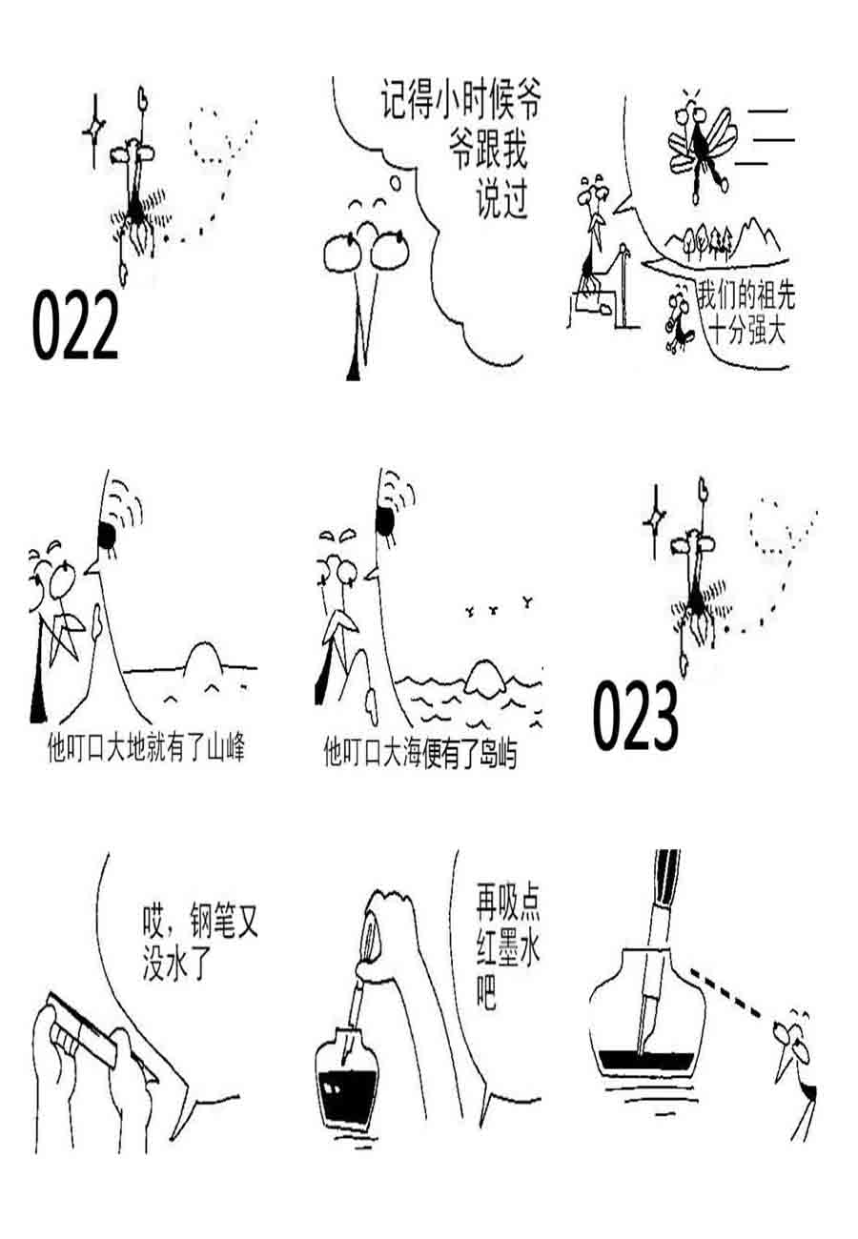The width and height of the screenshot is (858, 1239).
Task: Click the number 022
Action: tap(75, 325)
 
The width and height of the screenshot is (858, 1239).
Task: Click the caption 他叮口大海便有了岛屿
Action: tap(419, 756)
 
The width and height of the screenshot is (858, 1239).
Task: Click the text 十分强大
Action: tap(748, 333)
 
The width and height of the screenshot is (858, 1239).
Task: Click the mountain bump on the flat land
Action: tap(202, 659)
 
